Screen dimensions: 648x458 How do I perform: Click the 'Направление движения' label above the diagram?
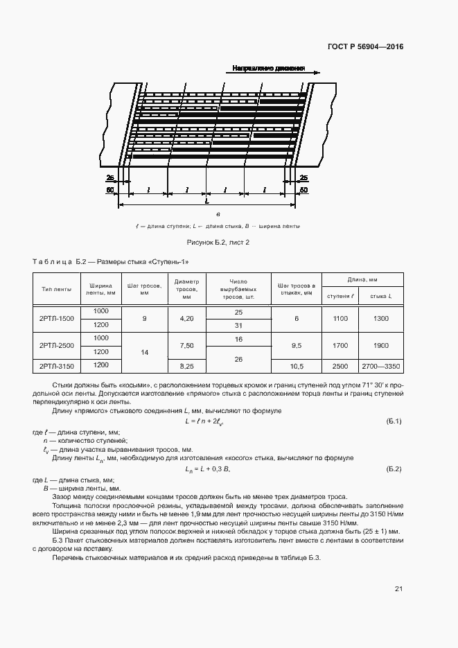(x=268, y=69)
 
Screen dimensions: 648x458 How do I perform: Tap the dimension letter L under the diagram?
(x=206, y=201)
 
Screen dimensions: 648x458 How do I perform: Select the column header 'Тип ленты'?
(x=57, y=289)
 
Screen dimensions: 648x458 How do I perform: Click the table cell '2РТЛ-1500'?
(x=57, y=318)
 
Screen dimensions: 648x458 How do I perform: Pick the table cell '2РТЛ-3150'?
(x=57, y=365)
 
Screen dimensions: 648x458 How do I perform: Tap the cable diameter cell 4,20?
(x=186, y=318)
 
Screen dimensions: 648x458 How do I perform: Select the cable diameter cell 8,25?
(x=186, y=365)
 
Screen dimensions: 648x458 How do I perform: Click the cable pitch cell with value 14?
(x=145, y=352)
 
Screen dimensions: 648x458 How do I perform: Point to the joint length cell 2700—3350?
(x=381, y=365)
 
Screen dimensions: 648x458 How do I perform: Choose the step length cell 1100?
(x=340, y=318)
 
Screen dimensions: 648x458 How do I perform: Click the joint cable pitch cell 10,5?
(x=296, y=365)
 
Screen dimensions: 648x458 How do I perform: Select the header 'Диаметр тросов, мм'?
(x=186, y=289)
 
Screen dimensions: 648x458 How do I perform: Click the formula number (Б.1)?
(x=393, y=421)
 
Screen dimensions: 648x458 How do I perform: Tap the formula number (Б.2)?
(x=393, y=469)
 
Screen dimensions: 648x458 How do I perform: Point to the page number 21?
(x=398, y=589)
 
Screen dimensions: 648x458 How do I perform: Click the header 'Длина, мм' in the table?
(x=361, y=279)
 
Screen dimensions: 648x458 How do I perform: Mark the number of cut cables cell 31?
(x=238, y=325)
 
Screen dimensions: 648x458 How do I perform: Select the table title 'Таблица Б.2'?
(x=58, y=262)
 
